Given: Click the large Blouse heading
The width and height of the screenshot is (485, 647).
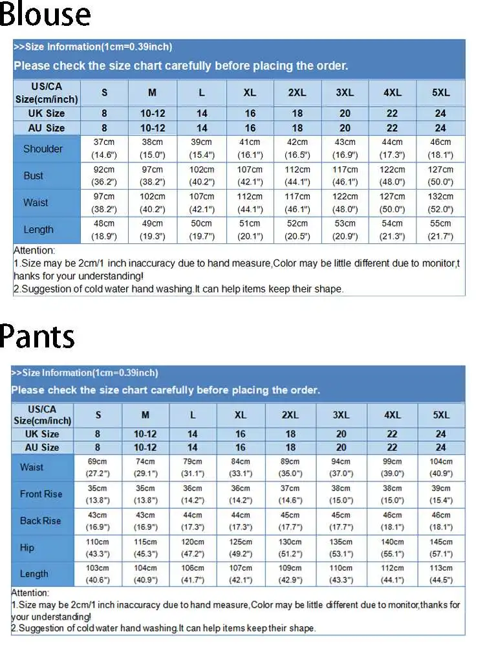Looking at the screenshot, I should (x=45, y=15).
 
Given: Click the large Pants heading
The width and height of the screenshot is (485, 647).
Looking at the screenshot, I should (x=38, y=336).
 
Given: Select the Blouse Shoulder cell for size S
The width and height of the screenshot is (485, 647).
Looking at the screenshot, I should (x=104, y=149).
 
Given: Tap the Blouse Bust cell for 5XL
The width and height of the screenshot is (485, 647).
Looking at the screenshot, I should (x=440, y=176).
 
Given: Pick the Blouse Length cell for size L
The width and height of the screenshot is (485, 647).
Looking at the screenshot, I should (x=201, y=230).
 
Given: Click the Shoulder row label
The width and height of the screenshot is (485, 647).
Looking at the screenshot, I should (x=43, y=149).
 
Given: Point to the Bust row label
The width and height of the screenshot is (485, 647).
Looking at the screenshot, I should (x=34, y=176).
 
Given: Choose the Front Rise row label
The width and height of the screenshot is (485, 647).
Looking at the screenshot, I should (x=41, y=494).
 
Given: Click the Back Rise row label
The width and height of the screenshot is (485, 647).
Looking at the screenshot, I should (x=40, y=521).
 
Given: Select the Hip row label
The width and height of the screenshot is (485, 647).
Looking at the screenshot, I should (x=27, y=548).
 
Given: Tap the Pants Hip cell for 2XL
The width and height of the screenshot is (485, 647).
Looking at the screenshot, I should (x=290, y=548).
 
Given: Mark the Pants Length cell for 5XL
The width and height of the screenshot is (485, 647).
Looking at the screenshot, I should (x=440, y=575).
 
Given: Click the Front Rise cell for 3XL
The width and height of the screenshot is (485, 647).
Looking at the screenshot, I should (x=341, y=494).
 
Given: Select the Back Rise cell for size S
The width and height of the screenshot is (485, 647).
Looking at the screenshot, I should (x=98, y=521).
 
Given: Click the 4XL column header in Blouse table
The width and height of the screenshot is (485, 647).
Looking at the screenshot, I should (x=392, y=93).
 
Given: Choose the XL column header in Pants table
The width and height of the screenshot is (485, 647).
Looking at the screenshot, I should (x=241, y=415).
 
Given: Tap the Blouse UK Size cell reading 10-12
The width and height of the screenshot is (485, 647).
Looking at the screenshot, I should (x=152, y=113).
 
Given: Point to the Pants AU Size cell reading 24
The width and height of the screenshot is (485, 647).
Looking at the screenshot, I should (x=440, y=447).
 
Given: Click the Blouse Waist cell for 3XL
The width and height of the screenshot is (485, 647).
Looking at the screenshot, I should (x=345, y=203).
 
